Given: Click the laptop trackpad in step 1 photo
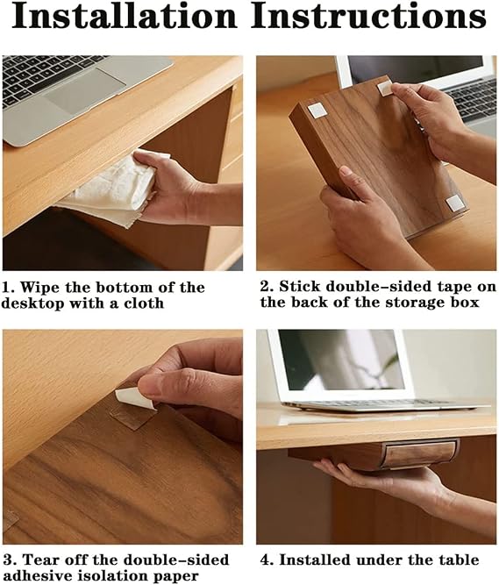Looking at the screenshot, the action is tap(84, 90).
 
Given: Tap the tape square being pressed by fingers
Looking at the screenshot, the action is tap(384, 89).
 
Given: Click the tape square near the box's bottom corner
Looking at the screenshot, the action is tap(454, 203).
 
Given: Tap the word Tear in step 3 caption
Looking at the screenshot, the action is tap(39, 560).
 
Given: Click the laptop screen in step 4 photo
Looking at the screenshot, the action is tap(341, 360).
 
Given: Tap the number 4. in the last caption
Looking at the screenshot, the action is tap(267, 560).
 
